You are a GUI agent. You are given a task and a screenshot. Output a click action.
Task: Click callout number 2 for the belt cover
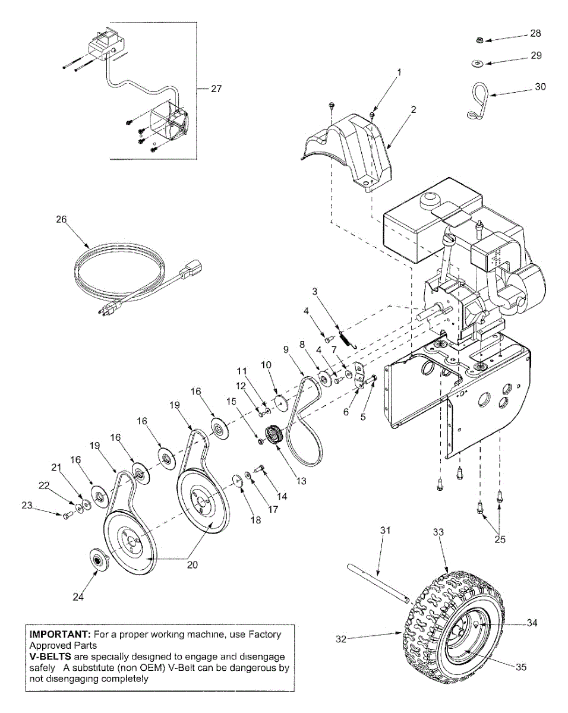coord(413,110)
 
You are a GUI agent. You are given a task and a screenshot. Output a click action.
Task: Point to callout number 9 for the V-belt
coord(285,349)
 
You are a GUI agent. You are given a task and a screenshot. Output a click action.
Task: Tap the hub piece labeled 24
coord(97,560)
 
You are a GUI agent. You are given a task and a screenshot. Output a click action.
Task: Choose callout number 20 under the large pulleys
coord(192,565)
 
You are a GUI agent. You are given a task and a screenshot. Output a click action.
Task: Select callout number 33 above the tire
coord(438,533)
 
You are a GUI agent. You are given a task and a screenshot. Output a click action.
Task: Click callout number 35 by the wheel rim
coord(520,667)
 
